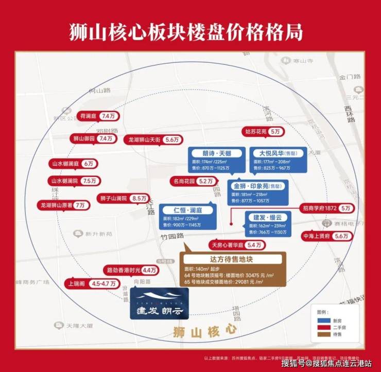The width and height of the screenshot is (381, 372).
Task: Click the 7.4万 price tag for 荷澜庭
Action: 110,117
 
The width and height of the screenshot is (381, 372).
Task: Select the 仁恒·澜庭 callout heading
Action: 186,211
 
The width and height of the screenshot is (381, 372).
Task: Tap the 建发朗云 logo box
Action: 160,303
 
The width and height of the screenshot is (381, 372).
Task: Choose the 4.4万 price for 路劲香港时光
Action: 150,270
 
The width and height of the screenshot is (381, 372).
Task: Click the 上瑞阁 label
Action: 75,282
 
